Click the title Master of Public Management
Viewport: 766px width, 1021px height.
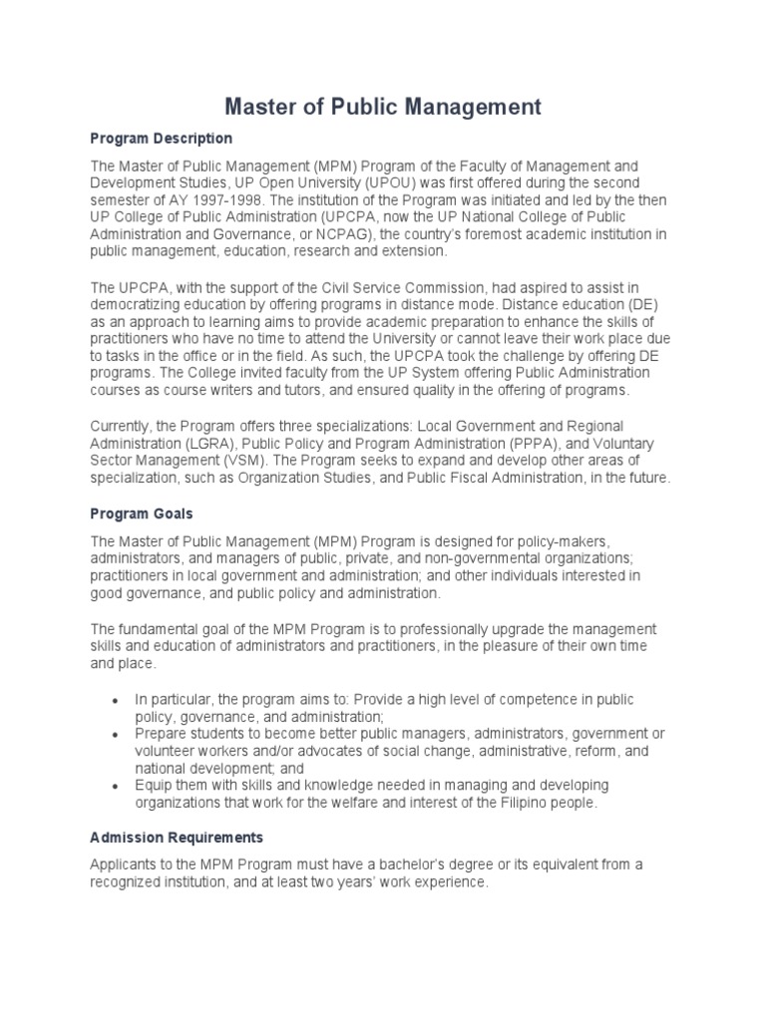pyautogui.click(x=382, y=106)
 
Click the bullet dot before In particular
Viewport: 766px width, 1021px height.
pyautogui.click(x=117, y=701)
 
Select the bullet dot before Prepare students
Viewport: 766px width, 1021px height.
pyautogui.click(x=117, y=735)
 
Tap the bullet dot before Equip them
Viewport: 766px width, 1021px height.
pyautogui.click(x=117, y=787)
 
